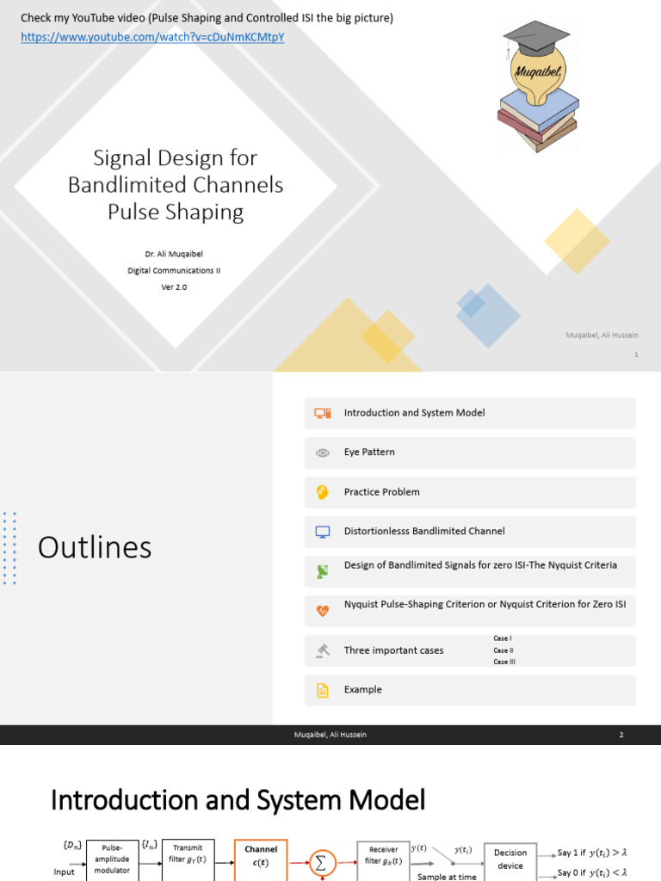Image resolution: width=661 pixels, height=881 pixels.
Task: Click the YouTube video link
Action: click(x=152, y=38)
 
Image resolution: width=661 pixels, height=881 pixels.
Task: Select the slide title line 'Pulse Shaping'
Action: click(x=176, y=212)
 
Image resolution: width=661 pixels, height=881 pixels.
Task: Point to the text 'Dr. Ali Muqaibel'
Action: click(x=174, y=255)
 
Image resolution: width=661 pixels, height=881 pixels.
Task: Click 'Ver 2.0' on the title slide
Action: click(x=174, y=287)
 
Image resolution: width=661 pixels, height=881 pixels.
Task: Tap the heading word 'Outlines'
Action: click(x=95, y=547)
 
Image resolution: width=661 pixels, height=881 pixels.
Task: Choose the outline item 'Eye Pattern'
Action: click(x=369, y=452)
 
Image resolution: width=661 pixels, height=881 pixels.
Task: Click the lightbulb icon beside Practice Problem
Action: click(x=323, y=492)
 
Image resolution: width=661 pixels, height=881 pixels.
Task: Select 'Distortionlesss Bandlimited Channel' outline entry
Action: click(x=424, y=531)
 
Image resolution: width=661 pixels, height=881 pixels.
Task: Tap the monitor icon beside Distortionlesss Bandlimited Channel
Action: click(x=323, y=532)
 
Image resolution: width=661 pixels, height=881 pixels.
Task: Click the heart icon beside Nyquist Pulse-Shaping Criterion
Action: click(x=323, y=611)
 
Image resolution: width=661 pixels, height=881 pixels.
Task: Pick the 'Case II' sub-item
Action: click(x=503, y=650)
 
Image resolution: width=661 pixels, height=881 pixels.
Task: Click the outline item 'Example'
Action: click(x=362, y=689)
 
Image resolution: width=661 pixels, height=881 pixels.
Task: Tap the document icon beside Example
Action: click(x=323, y=690)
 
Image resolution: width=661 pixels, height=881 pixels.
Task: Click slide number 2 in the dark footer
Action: click(x=621, y=735)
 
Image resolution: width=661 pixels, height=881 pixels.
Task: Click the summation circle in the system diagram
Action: click(x=322, y=862)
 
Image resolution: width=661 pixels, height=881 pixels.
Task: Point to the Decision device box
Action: click(x=510, y=859)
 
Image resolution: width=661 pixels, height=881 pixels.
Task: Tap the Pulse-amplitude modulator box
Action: click(x=113, y=859)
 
